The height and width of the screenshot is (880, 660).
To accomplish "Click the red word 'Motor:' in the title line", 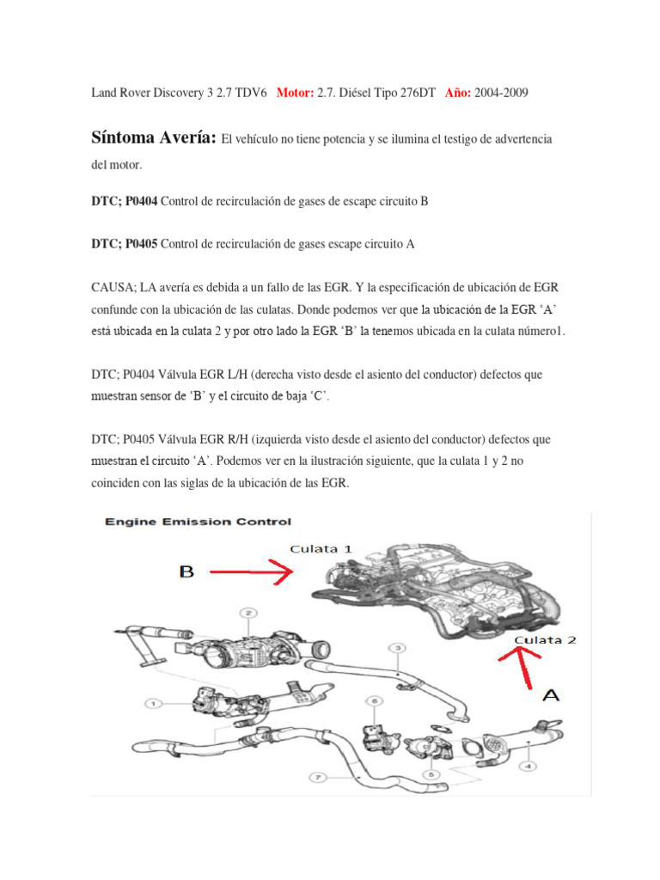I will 296,92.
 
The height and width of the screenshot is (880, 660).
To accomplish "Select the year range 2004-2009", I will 503,92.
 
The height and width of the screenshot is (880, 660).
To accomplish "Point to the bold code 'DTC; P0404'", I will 124,202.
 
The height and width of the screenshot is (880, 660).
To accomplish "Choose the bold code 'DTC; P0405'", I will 124,244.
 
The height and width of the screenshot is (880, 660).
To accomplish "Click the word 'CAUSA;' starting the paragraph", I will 113,286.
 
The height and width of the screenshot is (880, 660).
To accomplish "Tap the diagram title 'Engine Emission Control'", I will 199,522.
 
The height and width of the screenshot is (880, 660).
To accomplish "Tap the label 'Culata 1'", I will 321,547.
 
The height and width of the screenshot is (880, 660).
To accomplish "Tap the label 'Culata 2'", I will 546,640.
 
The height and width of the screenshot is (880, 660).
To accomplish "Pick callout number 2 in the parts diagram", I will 248,614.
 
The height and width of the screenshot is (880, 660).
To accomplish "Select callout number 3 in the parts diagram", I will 398,647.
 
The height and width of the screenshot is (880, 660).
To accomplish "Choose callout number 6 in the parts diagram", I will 374,702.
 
